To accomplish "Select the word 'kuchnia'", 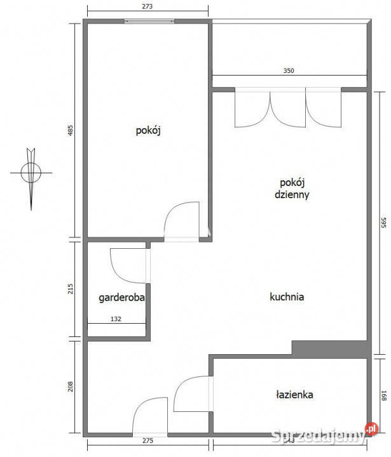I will pos(287,296).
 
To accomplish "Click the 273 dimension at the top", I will pos(147,6).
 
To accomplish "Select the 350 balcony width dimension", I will pos(289,72).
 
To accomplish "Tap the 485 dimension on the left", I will pos(71,131).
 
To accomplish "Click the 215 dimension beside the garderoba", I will pos(71,289).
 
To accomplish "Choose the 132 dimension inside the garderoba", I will pos(116,320).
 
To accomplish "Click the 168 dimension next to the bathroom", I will pos(384,395).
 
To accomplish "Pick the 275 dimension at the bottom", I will pos(147,440).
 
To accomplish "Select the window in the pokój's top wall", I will pos(149,21).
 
